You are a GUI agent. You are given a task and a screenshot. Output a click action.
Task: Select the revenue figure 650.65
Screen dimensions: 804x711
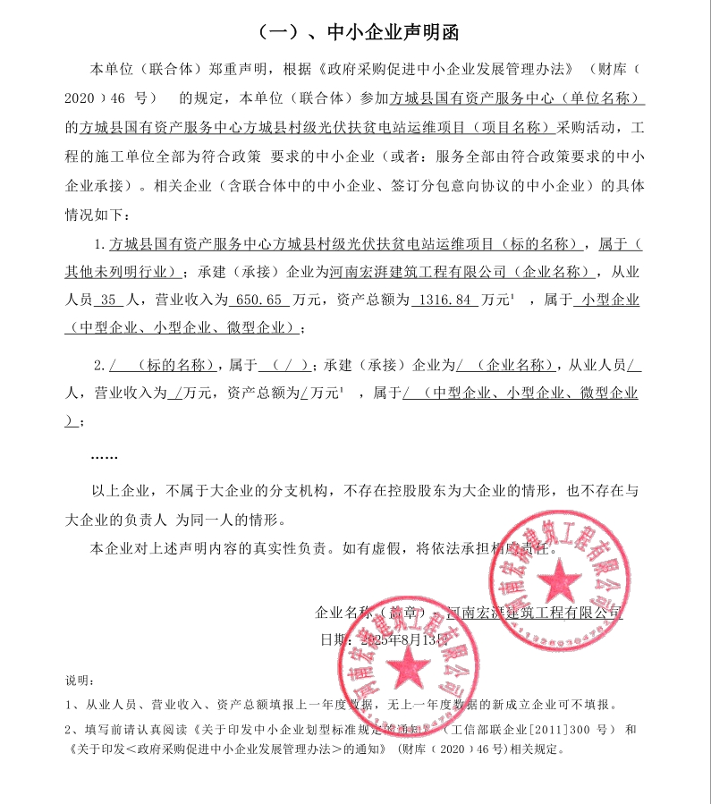259,300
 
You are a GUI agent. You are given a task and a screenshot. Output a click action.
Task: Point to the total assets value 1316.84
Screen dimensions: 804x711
444,300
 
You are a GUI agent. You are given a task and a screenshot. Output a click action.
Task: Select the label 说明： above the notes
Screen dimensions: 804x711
80,682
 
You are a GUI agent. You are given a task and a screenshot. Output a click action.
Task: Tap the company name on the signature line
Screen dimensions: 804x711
534,613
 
